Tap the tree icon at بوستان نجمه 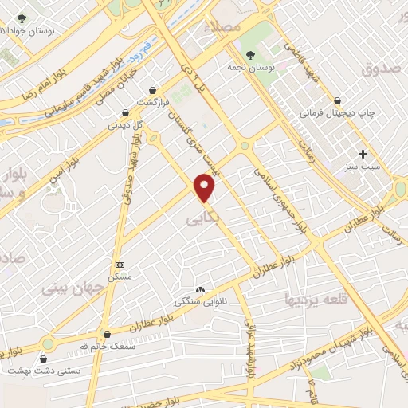[x=251, y=54]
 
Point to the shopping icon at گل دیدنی [x=124, y=113]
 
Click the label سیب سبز [x=363, y=170]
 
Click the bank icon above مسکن [x=120, y=265]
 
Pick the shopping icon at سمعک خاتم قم [x=106, y=335]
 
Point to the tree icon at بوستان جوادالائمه [x=22, y=18]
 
